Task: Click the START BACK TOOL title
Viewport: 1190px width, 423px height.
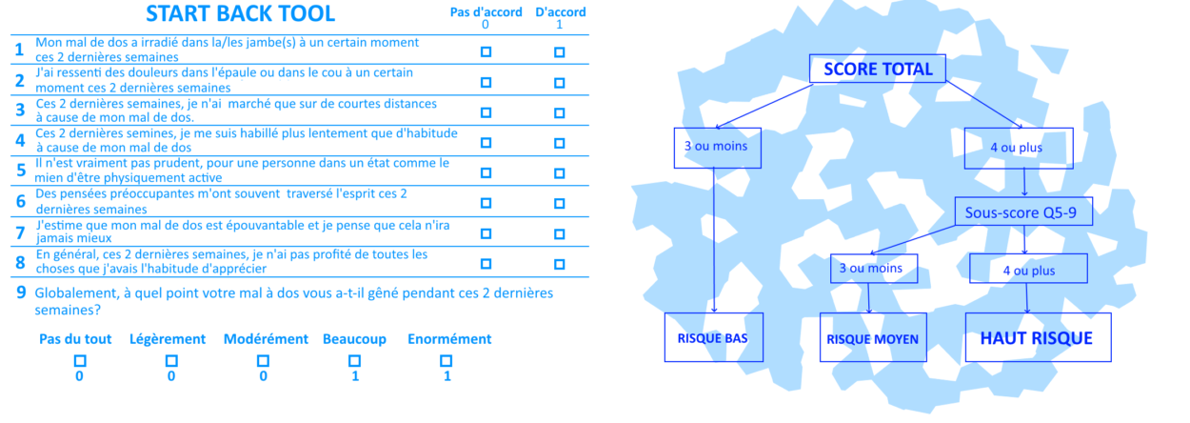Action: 240,13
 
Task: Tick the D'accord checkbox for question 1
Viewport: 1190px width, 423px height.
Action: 559,52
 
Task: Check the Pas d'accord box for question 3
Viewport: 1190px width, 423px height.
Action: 486,112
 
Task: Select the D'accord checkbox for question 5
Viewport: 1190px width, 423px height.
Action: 559,172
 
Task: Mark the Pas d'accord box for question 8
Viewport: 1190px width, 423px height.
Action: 486,263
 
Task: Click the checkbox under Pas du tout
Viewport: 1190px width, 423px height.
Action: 80,360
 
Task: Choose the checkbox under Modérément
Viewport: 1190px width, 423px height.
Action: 263,360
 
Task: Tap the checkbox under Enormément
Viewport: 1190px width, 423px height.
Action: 446,360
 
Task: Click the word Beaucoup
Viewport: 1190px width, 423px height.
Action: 353,338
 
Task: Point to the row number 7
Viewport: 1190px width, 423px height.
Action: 20,232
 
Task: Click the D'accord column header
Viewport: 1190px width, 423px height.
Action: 561,12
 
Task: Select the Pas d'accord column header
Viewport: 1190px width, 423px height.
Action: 486,12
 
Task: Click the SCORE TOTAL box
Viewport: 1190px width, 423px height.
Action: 878,70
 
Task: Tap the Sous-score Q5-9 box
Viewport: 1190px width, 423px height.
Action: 1023,211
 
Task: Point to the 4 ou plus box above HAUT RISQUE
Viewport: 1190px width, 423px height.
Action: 1029,270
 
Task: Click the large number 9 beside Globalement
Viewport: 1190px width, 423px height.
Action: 20,293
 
